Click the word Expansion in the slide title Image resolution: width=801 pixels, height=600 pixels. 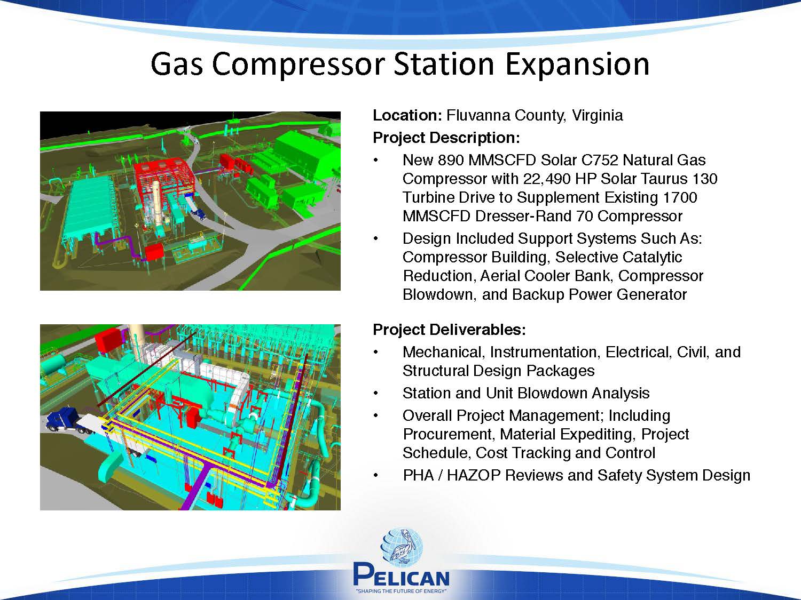click(577, 65)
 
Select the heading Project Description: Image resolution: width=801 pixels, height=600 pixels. click(446, 138)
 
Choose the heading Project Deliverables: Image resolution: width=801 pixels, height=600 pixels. click(449, 330)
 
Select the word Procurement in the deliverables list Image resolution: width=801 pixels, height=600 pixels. click(449, 434)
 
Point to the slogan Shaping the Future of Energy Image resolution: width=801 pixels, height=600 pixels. click(402, 591)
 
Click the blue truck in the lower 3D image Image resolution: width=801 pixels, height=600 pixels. click(62, 420)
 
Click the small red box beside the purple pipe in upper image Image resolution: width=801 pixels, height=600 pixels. click(154, 252)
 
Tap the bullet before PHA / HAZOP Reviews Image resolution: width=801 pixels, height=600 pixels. click(375, 476)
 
